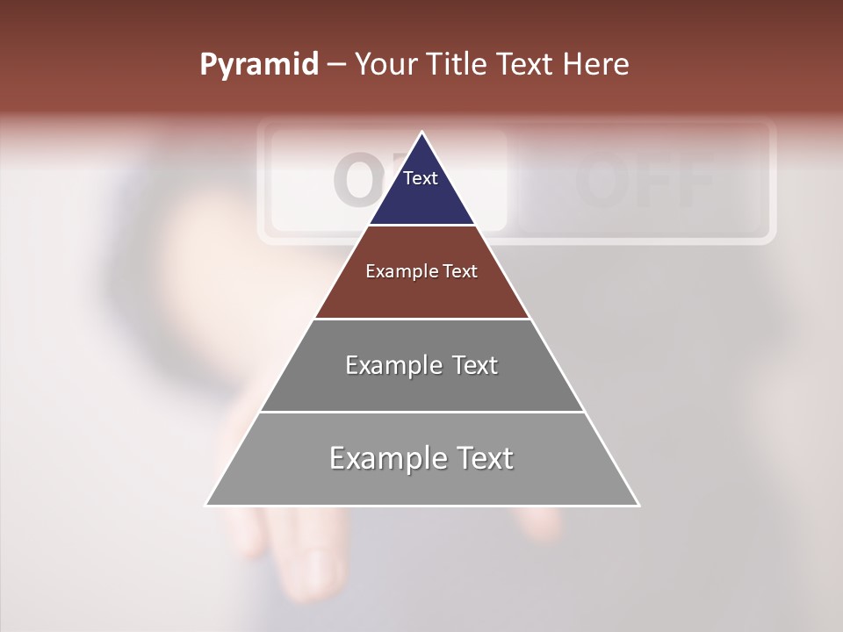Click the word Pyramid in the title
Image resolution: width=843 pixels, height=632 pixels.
[258, 65]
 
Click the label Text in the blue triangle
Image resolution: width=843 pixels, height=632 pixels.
[421, 178]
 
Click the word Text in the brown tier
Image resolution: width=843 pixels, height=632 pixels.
[460, 271]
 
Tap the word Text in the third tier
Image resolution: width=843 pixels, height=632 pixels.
[475, 365]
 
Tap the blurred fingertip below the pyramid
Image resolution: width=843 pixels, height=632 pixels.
[303, 562]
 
